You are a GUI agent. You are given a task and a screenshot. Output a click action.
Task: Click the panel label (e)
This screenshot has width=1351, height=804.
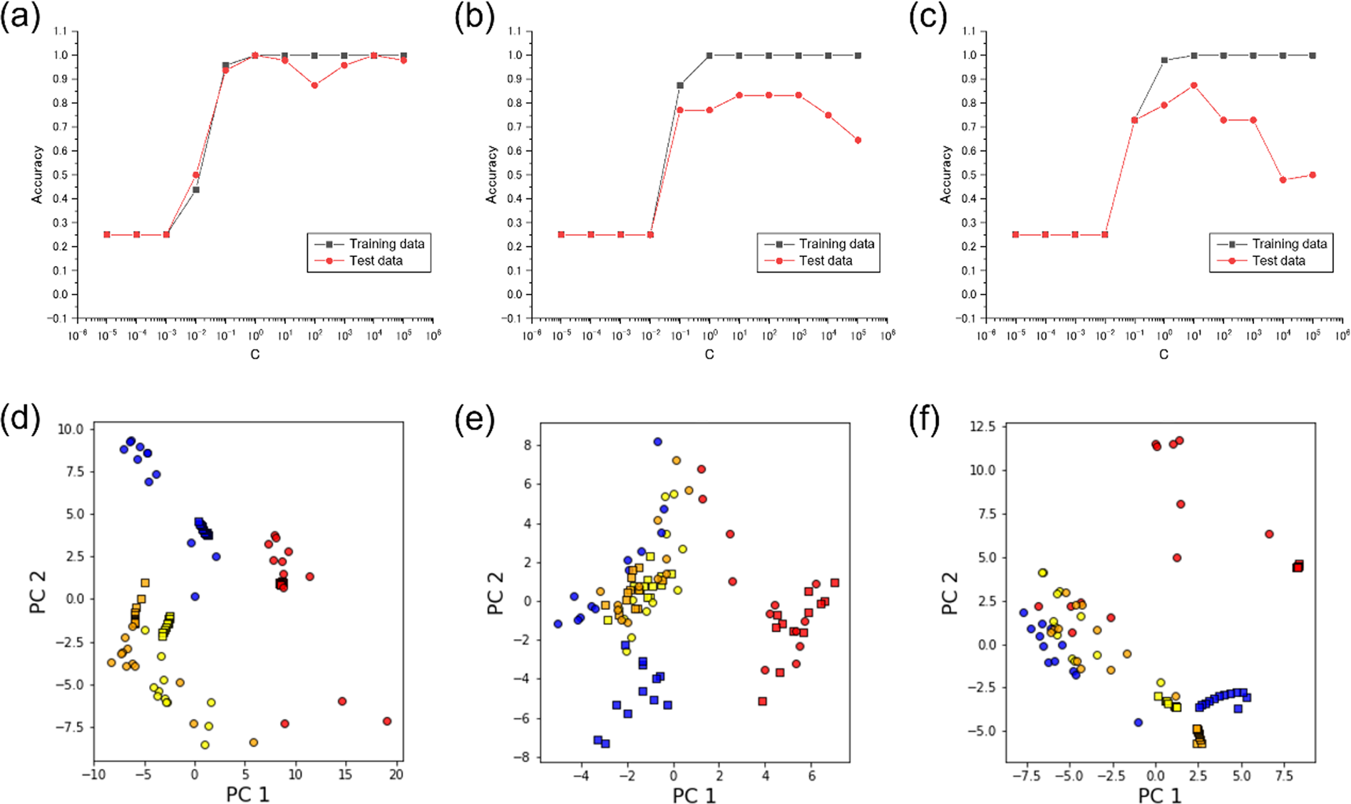pyautogui.click(x=474, y=421)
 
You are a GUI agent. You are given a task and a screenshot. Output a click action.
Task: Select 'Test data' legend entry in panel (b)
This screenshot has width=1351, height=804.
pyautogui.click(x=825, y=261)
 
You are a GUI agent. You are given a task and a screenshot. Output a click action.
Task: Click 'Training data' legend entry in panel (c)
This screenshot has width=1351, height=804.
pyautogui.click(x=1289, y=244)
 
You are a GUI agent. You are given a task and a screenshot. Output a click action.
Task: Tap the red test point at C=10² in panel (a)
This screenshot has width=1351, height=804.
pyautogui.click(x=314, y=85)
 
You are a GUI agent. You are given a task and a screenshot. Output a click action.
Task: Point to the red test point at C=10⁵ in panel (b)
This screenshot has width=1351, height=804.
pyautogui.click(x=858, y=141)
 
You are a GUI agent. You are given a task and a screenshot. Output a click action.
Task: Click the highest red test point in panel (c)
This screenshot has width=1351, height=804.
pyautogui.click(x=1194, y=85)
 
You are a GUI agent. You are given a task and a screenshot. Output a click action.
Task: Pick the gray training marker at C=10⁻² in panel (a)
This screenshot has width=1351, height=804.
pyautogui.click(x=195, y=190)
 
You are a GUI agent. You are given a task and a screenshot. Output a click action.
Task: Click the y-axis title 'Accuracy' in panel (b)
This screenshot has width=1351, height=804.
pyautogui.click(x=491, y=175)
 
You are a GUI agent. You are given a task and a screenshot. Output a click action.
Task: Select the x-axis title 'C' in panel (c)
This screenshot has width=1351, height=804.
pyautogui.click(x=1163, y=354)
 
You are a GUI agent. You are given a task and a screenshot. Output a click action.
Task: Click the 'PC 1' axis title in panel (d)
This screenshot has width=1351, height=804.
pyautogui.click(x=247, y=794)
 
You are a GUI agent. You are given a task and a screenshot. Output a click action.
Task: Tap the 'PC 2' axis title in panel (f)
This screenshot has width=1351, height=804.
pyautogui.click(x=950, y=592)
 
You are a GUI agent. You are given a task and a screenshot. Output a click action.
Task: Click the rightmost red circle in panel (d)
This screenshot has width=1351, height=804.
pyautogui.click(x=387, y=721)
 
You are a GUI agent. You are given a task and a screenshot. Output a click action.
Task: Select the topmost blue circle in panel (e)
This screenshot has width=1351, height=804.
pyautogui.click(x=657, y=442)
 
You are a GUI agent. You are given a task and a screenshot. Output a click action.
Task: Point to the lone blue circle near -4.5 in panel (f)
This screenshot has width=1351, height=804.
pyautogui.click(x=1139, y=723)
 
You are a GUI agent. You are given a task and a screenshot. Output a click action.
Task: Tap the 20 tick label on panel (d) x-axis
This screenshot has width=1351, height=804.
pyautogui.click(x=396, y=775)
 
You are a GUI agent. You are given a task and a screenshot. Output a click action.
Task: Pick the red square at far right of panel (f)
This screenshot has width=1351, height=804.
pyautogui.click(x=1298, y=566)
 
